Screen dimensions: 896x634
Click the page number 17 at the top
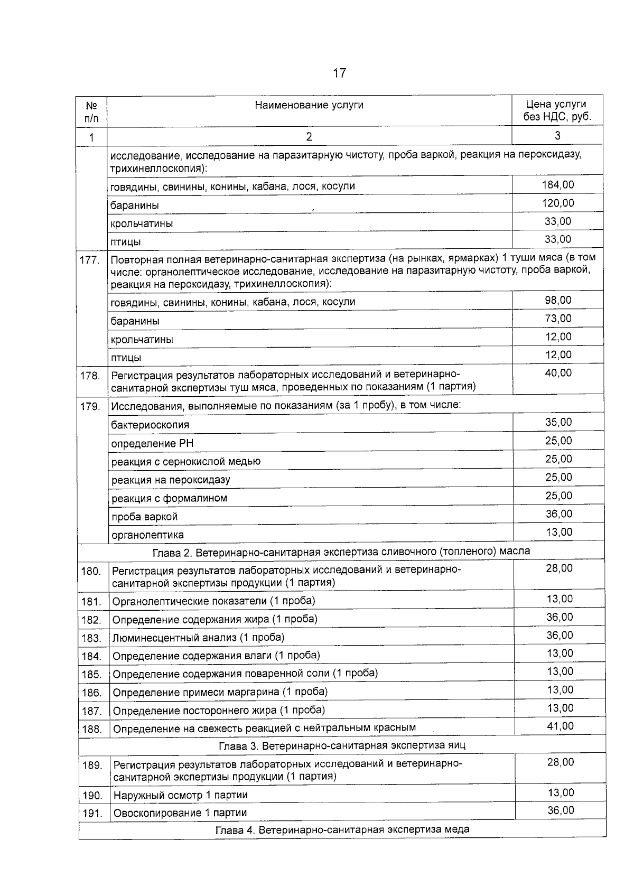(x=339, y=73)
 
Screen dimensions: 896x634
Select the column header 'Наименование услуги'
(x=309, y=105)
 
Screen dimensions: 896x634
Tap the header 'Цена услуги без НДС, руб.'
(x=557, y=110)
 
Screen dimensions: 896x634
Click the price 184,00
(x=557, y=184)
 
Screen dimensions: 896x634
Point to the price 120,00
(x=557, y=203)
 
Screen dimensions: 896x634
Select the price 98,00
(x=558, y=300)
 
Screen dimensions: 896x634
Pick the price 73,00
(x=558, y=318)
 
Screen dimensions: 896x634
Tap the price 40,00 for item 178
(x=558, y=373)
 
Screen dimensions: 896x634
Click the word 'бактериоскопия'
(x=150, y=425)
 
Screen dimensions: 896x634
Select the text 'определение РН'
(x=152, y=443)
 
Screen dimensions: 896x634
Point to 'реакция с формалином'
(x=169, y=498)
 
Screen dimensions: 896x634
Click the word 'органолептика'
(x=147, y=535)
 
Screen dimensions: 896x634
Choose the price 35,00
(x=558, y=422)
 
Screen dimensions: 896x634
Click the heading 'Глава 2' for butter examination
(x=341, y=552)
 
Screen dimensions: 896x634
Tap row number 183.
(x=91, y=638)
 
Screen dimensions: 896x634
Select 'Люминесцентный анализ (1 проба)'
(x=198, y=638)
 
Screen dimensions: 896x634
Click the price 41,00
(x=560, y=726)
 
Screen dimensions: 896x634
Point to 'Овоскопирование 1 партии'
(x=180, y=813)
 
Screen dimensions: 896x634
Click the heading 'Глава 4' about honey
(x=342, y=829)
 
